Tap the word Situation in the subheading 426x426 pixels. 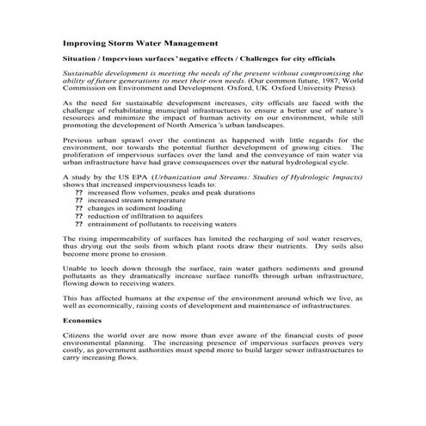pos(81,59)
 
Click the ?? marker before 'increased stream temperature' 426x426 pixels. pos(79,200)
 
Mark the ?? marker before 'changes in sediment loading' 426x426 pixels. pos(79,207)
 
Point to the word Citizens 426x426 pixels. pos(80,336)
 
